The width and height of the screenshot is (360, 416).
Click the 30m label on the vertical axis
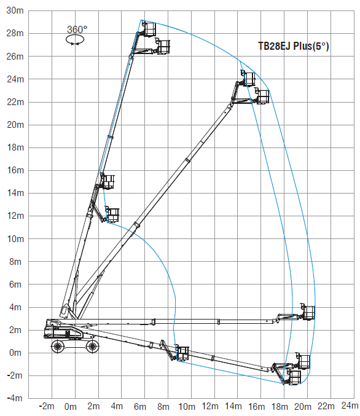pyautogui.click(x=15, y=10)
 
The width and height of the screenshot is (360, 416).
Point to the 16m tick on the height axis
pyautogui.click(x=15, y=170)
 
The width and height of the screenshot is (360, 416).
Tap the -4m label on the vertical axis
pyautogui.click(x=15, y=398)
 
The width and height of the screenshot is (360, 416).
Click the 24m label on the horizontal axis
pyautogui.click(x=350, y=406)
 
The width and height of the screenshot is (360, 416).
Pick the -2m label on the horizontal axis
pyautogui.click(x=47, y=406)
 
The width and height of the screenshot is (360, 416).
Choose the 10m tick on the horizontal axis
pyautogui.click(x=187, y=406)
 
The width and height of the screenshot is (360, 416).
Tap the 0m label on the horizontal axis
pyautogui.click(x=71, y=406)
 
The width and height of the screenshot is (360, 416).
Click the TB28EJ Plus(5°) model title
pyautogui.click(x=294, y=46)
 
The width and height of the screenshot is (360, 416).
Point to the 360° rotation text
pyautogui.click(x=77, y=29)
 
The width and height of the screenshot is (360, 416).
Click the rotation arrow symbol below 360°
pyautogui.click(x=75, y=40)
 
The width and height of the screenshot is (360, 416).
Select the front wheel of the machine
pyautogui.click(x=92, y=346)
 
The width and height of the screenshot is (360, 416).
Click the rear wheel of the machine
pyautogui.click(x=58, y=346)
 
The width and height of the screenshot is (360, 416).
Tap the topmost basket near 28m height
pyautogui.click(x=149, y=29)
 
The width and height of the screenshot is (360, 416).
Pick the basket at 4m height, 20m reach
pyautogui.click(x=308, y=312)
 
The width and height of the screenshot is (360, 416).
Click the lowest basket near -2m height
pyautogui.click(x=294, y=377)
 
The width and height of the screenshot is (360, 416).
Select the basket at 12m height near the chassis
pyautogui.click(x=112, y=215)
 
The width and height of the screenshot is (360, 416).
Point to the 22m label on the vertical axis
pyautogui.click(x=15, y=102)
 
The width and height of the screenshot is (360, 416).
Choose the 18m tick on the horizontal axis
pyautogui.click(x=280, y=406)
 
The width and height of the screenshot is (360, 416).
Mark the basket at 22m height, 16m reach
pyautogui.click(x=263, y=97)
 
